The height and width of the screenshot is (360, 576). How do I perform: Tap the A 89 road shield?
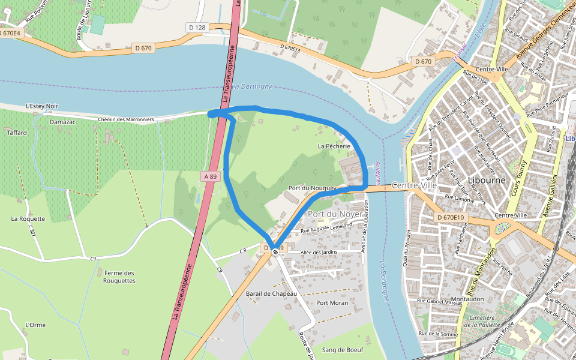tap(209, 176)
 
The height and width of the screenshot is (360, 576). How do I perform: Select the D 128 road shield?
tap(197, 28)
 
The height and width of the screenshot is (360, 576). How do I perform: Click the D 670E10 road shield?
tap(451, 217)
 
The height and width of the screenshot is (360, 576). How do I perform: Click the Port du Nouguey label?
tap(310, 188)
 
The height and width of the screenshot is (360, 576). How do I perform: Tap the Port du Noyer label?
tap(335, 214)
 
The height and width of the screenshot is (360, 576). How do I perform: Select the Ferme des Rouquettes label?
tap(119, 277)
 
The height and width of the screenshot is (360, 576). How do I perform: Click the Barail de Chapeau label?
tap(272, 293)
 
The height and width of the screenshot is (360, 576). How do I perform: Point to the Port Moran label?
tap(332, 303)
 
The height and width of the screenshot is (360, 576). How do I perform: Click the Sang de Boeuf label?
tap(343, 349)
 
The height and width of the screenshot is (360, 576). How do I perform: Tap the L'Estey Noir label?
tap(42, 106)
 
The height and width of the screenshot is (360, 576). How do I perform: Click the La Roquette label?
tap(28, 218)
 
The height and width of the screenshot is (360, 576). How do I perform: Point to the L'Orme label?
tap(35, 325)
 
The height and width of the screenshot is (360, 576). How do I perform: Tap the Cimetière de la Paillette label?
tap(482, 321)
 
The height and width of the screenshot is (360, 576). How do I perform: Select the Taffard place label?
tap(17, 133)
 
